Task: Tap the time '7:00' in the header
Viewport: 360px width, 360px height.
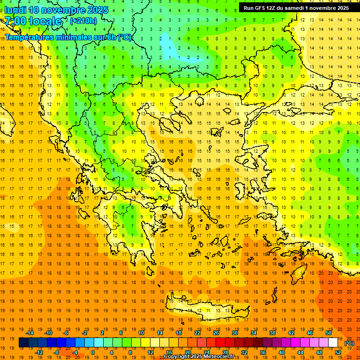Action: click(15, 21)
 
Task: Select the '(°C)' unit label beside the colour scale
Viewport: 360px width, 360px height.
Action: click(349, 343)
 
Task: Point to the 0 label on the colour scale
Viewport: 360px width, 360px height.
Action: click(93, 352)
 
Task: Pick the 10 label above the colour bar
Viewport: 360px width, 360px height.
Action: click(141, 333)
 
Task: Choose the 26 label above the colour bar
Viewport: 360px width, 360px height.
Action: click(216, 333)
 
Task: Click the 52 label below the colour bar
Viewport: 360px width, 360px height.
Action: click(338, 352)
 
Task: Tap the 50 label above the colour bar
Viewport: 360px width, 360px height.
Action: click(329, 333)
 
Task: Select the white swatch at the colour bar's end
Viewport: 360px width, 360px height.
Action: click(333, 343)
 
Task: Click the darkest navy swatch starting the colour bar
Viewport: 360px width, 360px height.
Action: click(23, 343)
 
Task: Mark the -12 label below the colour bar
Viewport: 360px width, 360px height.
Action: click(39, 352)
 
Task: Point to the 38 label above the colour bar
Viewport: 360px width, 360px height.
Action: click(272, 333)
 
